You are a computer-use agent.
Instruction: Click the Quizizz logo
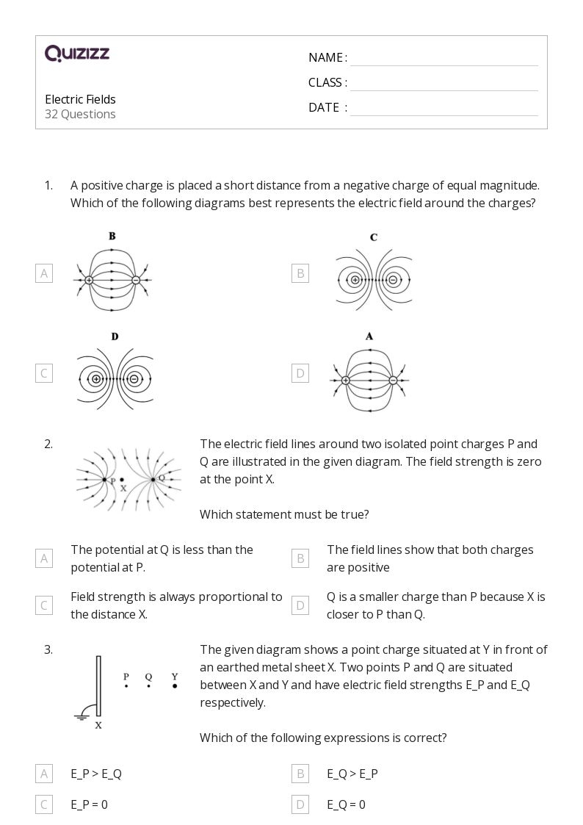tap(77, 53)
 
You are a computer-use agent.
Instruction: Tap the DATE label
tap(324, 107)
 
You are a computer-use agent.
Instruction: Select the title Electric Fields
tap(80, 99)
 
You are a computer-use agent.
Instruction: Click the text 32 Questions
tap(80, 114)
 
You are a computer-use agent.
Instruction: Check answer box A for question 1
tap(44, 273)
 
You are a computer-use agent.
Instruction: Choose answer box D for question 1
tap(300, 373)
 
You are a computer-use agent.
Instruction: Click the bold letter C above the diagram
tap(374, 237)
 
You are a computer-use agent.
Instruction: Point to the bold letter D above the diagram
tap(115, 336)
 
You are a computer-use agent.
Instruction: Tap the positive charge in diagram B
tap(89, 280)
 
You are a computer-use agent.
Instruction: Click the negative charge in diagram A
tap(393, 380)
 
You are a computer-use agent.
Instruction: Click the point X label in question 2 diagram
tap(123, 488)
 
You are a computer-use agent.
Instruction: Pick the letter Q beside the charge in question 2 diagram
tap(162, 477)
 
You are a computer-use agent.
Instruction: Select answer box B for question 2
tap(300, 558)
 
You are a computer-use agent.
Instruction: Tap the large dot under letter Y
tap(175, 686)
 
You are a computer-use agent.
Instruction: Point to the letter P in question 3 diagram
tap(126, 677)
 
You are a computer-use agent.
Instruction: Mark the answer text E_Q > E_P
tap(352, 774)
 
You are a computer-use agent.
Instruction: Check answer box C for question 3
tap(44, 804)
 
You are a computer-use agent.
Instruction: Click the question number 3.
tap(48, 649)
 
